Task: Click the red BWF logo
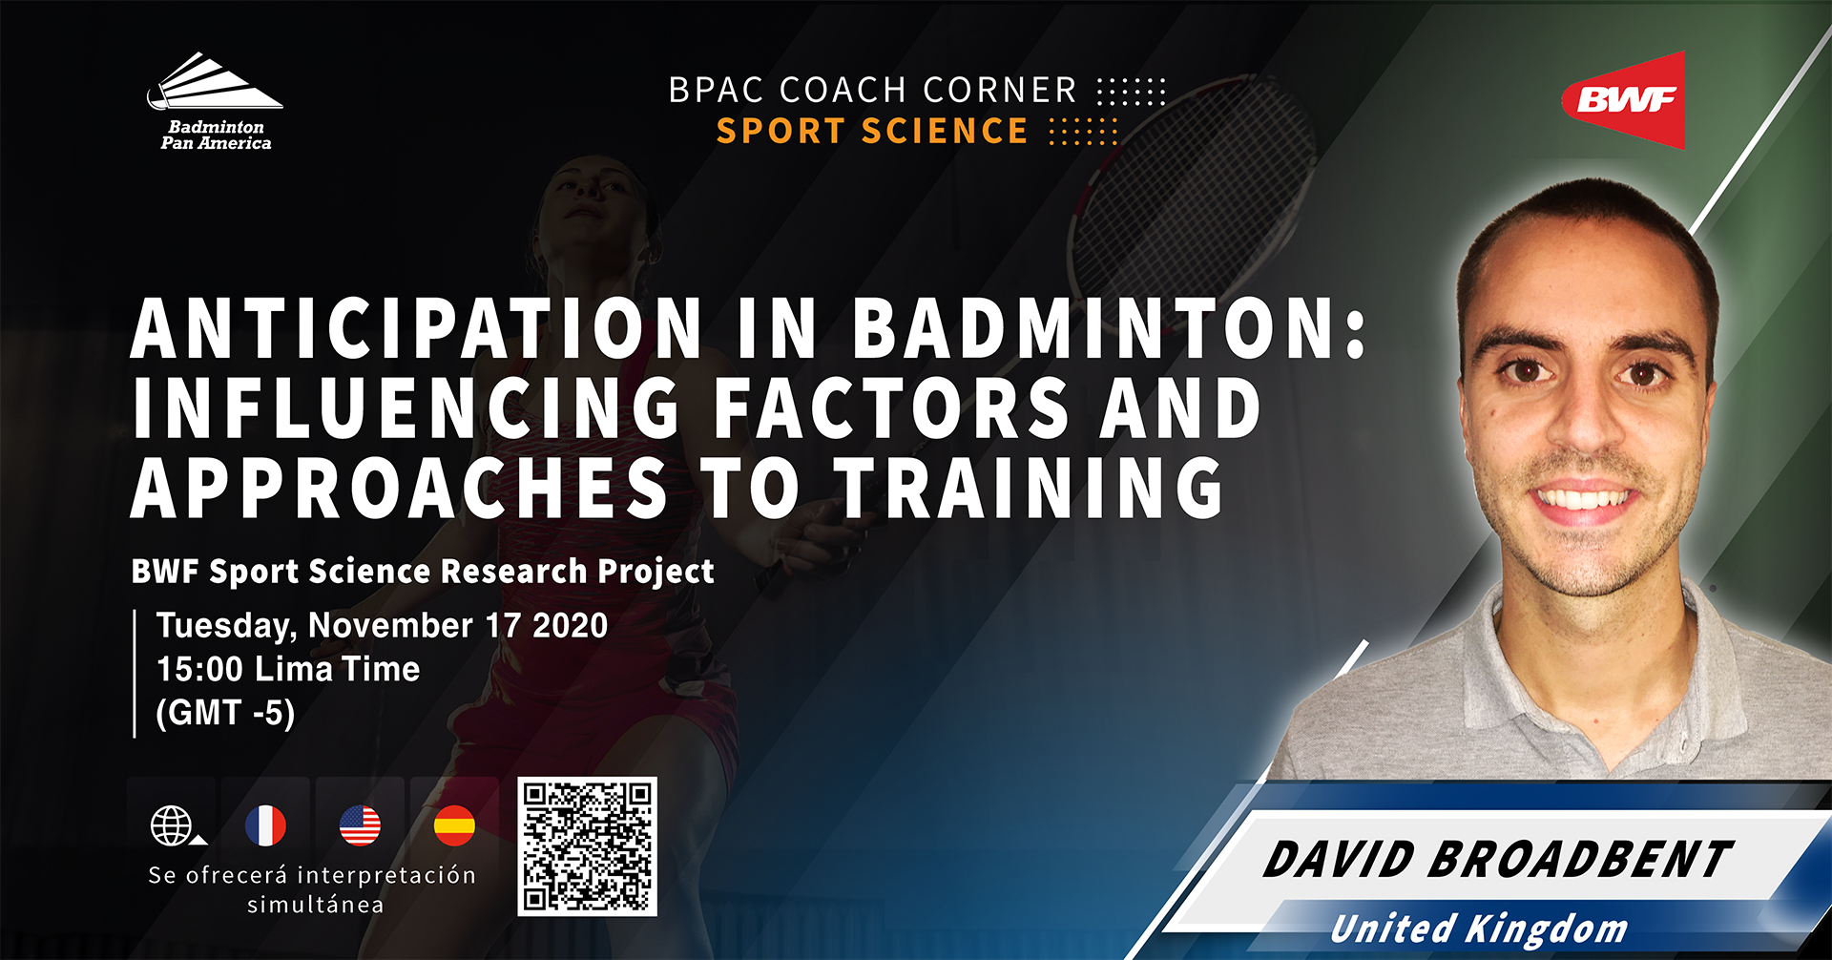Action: tap(1625, 100)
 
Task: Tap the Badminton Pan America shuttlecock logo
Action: tap(216, 102)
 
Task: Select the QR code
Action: tap(588, 847)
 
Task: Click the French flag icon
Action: tap(265, 825)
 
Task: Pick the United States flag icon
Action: tap(360, 825)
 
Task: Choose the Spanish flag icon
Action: tap(454, 825)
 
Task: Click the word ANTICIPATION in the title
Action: tap(417, 328)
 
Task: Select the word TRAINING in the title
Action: tap(1030, 488)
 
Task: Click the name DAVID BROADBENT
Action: tap(1497, 859)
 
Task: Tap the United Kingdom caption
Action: tap(1479, 928)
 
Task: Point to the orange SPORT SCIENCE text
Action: tap(872, 131)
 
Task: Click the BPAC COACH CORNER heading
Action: tap(872, 90)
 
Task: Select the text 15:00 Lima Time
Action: tap(288, 669)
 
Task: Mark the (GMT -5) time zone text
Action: tap(225, 713)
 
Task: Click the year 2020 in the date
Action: tap(570, 626)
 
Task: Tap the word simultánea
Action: tap(316, 905)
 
